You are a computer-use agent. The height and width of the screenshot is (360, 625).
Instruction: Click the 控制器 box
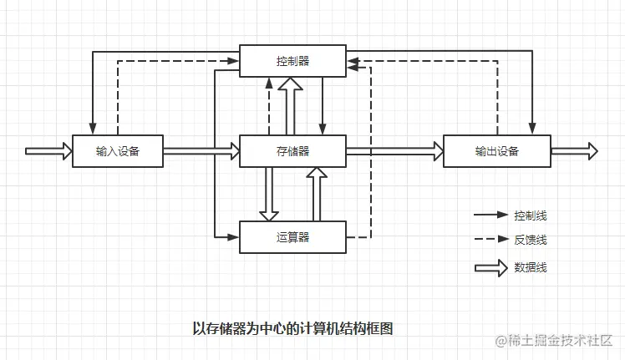pos(292,61)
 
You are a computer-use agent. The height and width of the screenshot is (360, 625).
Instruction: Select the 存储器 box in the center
pos(292,150)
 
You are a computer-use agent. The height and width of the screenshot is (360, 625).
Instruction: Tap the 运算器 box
pos(292,236)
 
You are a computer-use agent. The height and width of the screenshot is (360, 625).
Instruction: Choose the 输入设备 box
pos(117,151)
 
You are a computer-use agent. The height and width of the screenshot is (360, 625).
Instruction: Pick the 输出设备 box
pos(496,151)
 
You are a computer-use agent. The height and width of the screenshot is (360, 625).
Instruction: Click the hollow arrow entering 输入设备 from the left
pos(48,151)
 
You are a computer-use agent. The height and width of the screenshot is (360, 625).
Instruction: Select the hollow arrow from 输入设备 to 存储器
pos(201,151)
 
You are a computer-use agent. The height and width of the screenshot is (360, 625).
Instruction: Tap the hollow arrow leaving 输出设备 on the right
pos(574,151)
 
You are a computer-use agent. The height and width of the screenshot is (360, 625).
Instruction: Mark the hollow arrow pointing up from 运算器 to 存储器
pos(316,194)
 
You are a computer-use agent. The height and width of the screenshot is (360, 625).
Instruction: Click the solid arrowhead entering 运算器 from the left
pos(233,237)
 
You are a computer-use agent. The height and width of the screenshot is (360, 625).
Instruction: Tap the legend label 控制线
pos(531,215)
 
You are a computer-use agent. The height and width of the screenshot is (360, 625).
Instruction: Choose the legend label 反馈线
pos(531,240)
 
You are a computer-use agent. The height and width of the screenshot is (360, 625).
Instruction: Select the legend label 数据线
pos(531,268)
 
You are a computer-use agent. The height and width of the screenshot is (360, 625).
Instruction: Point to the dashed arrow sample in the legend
pos(491,240)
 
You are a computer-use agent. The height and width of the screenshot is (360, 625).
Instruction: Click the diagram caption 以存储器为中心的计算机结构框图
pos(292,328)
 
